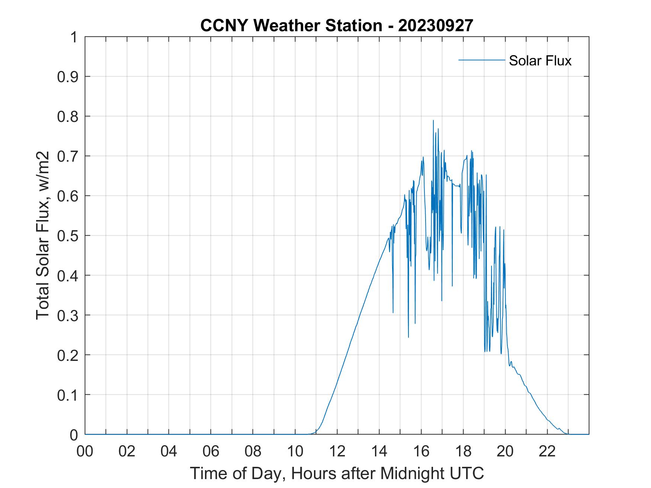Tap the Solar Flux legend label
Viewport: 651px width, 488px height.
540,60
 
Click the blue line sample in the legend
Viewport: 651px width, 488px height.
481,60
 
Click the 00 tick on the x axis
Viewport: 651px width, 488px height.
85,451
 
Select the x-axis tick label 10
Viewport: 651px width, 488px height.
295,451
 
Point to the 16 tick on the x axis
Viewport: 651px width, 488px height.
421,451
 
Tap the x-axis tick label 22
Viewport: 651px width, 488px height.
547,451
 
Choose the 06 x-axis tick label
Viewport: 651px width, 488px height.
211,451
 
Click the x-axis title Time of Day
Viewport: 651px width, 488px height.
337,473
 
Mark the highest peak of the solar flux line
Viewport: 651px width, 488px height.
433,120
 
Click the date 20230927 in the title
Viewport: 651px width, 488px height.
435,25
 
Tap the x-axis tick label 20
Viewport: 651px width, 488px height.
505,451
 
